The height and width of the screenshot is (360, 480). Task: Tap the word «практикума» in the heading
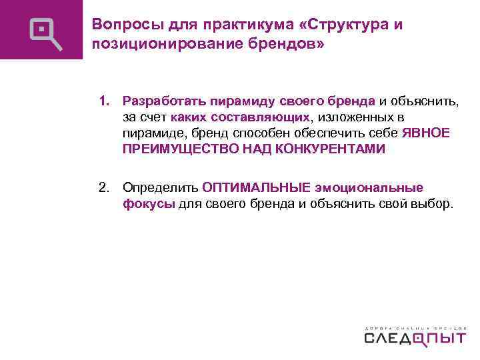225,25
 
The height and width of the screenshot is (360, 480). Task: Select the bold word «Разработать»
164,101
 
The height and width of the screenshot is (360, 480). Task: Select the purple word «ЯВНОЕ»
427,133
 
